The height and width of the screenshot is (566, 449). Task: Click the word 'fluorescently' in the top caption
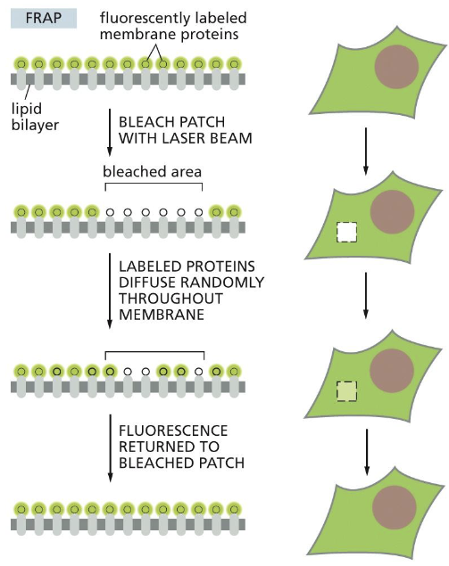141,18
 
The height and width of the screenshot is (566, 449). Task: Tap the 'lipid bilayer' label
30,115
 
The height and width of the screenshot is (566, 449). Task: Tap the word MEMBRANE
159,316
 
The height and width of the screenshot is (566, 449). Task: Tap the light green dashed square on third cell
346,390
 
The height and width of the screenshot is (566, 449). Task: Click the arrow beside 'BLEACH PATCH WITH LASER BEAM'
109,130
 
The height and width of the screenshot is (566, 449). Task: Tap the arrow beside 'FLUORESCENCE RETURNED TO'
109,446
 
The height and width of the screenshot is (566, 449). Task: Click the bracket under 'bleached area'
154,185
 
